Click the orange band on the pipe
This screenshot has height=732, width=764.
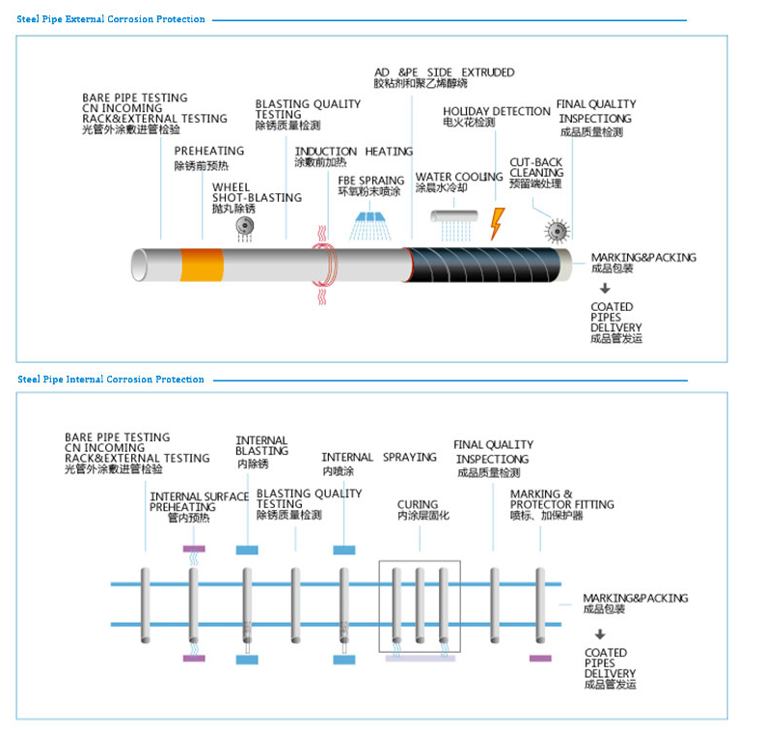pyautogui.click(x=202, y=264)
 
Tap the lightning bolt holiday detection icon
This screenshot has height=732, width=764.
pyautogui.click(x=497, y=223)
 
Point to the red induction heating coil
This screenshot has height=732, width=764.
pyautogui.click(x=323, y=264)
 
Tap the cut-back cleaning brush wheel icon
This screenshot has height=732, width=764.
pyautogui.click(x=557, y=230)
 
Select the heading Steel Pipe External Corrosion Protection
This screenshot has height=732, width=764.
pyautogui.click(x=111, y=19)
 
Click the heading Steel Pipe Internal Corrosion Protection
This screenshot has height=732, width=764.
pyautogui.click(x=111, y=380)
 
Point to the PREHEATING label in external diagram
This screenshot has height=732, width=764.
pyautogui.click(x=208, y=152)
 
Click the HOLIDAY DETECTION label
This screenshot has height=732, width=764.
pyautogui.click(x=496, y=112)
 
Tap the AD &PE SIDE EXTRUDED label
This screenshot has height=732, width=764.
pyautogui.click(x=444, y=72)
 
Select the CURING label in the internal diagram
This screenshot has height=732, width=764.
pyautogui.click(x=418, y=504)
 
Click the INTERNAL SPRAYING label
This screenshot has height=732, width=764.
pyautogui.click(x=378, y=457)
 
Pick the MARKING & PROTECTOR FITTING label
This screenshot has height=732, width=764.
pyautogui.click(x=561, y=499)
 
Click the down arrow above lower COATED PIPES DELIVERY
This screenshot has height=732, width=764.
pyautogui.click(x=600, y=634)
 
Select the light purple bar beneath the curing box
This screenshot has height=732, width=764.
pyautogui.click(x=420, y=659)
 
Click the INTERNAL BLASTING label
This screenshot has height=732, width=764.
pyautogui.click(x=261, y=446)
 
